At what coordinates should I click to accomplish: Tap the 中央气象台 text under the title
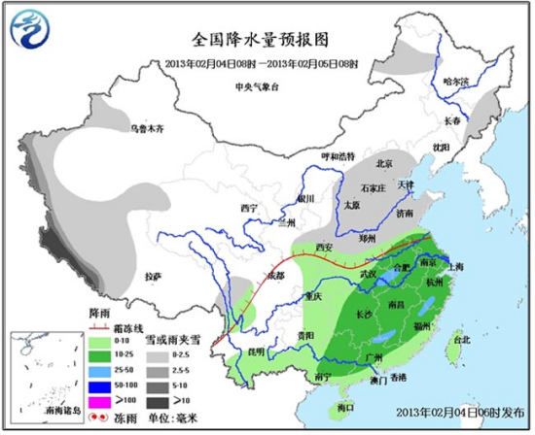(257, 87)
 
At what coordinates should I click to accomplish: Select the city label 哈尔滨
(455, 82)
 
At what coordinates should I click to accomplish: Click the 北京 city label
(383, 163)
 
